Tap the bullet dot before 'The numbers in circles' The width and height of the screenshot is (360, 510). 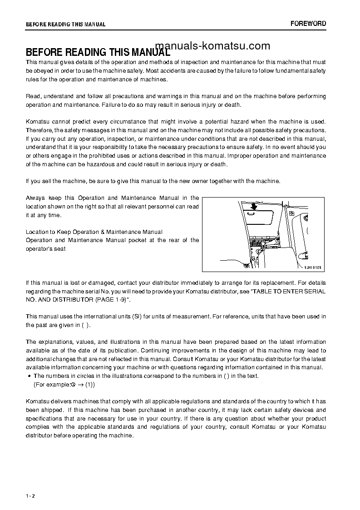(x=29, y=376)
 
